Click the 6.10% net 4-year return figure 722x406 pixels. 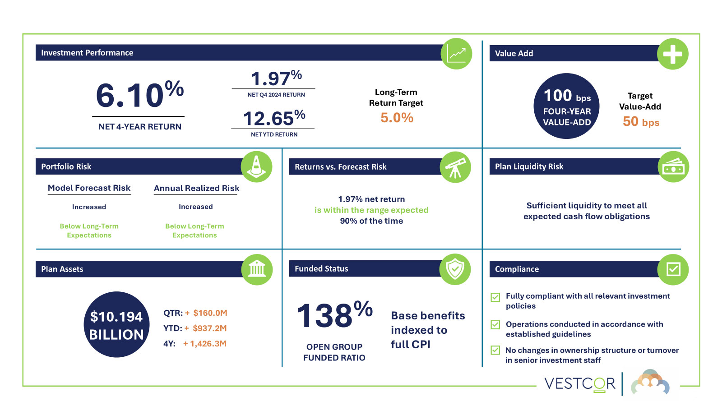point(139,95)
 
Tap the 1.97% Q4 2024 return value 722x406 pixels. point(275,78)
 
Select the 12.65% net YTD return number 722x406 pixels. point(273,118)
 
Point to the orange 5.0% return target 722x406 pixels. point(397,118)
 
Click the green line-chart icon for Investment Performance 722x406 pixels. point(456,54)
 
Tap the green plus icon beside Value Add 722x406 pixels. point(672,54)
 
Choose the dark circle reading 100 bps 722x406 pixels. point(566,106)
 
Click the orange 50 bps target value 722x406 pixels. point(641,122)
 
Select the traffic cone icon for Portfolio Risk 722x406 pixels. point(256,166)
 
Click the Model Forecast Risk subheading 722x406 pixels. point(89,188)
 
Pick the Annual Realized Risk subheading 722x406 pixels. point(196,188)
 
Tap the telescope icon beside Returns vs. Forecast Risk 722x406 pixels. point(455,167)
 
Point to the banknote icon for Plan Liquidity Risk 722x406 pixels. point(673,167)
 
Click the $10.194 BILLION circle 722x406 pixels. point(116,325)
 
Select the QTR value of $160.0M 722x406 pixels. point(210,313)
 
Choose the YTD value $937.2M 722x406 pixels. point(209,328)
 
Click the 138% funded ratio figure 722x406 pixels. point(334,315)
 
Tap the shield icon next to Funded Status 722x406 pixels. point(455,269)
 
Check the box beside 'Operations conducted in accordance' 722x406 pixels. point(495,325)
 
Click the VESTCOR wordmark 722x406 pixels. point(579,384)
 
